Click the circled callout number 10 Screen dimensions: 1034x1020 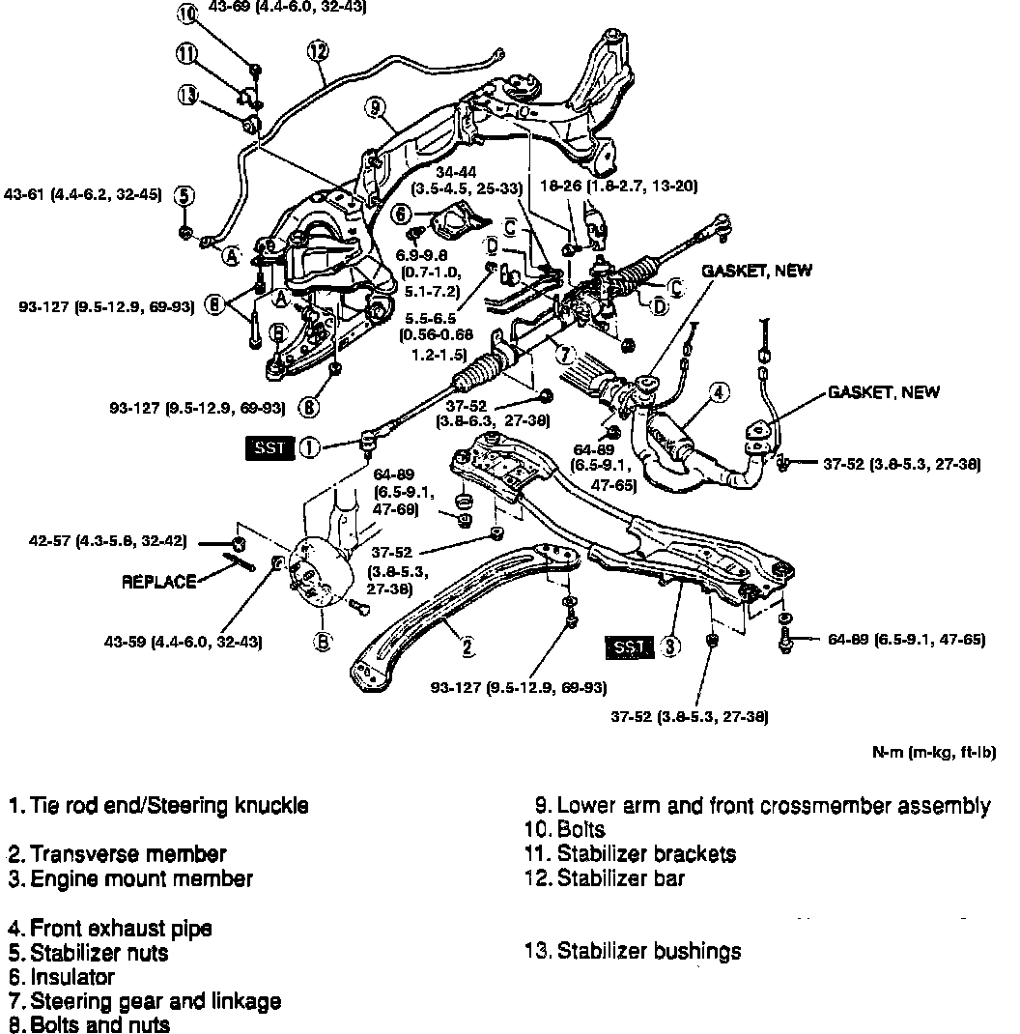pos(187,14)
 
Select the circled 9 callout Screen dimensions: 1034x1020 pos(375,107)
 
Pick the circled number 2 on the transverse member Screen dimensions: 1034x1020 pos(467,647)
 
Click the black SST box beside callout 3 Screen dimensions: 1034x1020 pos(629,647)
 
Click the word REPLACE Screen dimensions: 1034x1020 pos(159,582)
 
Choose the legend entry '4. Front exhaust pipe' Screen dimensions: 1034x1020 pos(110,929)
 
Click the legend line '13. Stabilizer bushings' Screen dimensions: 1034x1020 pos(633,951)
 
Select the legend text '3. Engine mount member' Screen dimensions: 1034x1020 pos(130,878)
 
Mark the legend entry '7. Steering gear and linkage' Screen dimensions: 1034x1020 pos(145,1001)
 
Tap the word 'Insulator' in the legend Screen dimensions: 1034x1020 pos(72,977)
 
